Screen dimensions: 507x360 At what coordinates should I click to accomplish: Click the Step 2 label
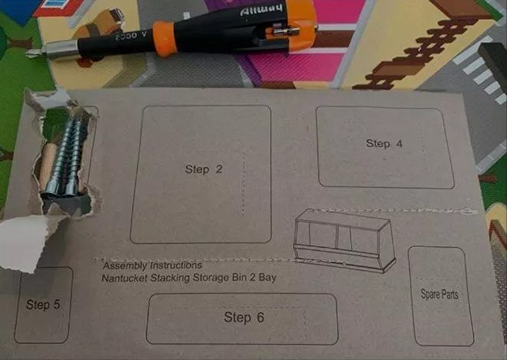click(x=204, y=169)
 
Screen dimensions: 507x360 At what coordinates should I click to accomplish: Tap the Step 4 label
click(x=384, y=144)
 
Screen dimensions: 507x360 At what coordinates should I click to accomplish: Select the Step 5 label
click(x=43, y=305)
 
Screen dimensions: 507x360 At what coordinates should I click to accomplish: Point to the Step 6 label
click(x=244, y=318)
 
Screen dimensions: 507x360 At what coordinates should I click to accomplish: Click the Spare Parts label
click(x=439, y=295)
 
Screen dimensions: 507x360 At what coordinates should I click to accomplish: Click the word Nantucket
click(x=125, y=278)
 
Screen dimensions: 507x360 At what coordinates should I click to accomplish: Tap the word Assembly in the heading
click(x=125, y=265)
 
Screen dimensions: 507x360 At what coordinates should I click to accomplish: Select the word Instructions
click(x=176, y=265)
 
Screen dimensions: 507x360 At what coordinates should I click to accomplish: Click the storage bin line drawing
click(x=345, y=241)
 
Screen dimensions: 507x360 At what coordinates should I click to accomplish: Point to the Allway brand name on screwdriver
click(x=262, y=10)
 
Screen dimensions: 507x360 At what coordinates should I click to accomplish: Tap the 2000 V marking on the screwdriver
click(x=131, y=36)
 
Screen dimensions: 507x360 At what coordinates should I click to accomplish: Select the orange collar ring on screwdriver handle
click(x=165, y=38)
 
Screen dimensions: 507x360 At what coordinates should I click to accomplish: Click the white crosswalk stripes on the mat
click(x=482, y=77)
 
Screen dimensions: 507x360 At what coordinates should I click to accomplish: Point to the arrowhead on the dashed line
click(x=469, y=212)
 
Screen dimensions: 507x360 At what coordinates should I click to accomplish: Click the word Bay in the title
click(x=268, y=278)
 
